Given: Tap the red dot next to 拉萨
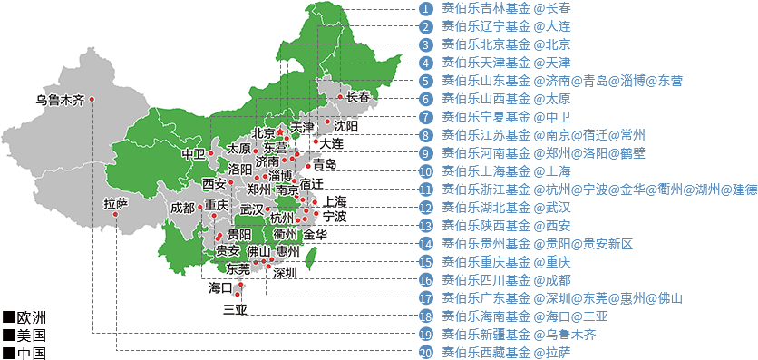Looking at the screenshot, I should point(116,215).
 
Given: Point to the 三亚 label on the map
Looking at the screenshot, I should point(235,308).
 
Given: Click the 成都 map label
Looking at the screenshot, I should point(182,208).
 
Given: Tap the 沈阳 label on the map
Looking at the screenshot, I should point(345,125).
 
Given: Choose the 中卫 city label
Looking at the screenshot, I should point(193,153).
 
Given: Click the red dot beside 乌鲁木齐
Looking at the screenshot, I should point(92,99).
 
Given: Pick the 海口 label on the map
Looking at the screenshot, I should point(220,287).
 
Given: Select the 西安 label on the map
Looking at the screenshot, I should point(215,183).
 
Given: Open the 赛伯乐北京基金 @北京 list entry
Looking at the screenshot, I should point(504,44).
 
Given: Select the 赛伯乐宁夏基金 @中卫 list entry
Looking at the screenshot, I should point(506,117).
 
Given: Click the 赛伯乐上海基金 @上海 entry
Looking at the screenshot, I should point(506,171).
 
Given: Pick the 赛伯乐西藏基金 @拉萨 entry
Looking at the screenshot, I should point(506,352).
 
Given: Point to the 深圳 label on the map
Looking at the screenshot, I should point(285,272).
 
